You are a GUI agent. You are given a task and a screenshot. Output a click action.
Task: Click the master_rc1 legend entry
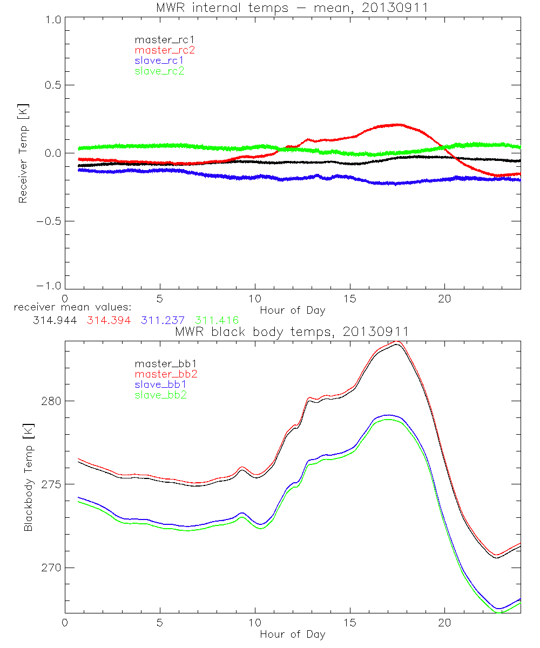pos(159,39)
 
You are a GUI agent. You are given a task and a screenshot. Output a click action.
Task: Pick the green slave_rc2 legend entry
pos(159,71)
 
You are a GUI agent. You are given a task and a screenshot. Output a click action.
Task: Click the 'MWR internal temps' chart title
pos(292,7)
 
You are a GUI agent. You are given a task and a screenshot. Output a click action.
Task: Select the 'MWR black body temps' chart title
pos(292,332)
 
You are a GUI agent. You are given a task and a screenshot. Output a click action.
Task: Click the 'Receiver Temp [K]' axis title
pos(23,153)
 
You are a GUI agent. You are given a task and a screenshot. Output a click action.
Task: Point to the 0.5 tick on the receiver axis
pos(48,85)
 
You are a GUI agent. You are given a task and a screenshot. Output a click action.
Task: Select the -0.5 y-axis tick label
pos(46,221)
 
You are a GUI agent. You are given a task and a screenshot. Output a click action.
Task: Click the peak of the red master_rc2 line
pos(397,125)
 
